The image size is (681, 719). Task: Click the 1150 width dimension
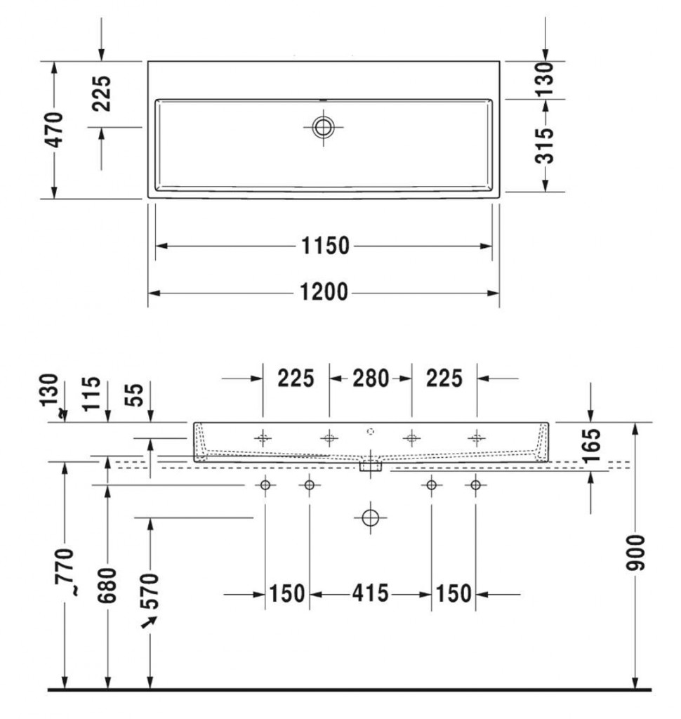tap(325, 246)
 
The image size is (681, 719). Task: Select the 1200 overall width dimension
tap(324, 292)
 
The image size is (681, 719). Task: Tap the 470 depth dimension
tap(54, 130)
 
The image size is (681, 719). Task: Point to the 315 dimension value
tap(545, 146)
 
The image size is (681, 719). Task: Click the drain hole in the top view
tap(324, 127)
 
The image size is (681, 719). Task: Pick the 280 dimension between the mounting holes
tap(371, 378)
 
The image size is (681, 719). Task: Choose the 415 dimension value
tap(371, 593)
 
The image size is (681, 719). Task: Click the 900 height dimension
tap(635, 552)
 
